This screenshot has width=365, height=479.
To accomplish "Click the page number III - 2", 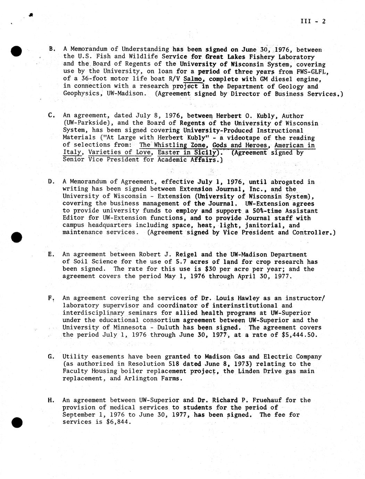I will point(313,21).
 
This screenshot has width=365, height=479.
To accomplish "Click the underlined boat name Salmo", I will point(192,79).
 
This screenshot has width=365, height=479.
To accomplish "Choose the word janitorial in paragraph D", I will point(268,225).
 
